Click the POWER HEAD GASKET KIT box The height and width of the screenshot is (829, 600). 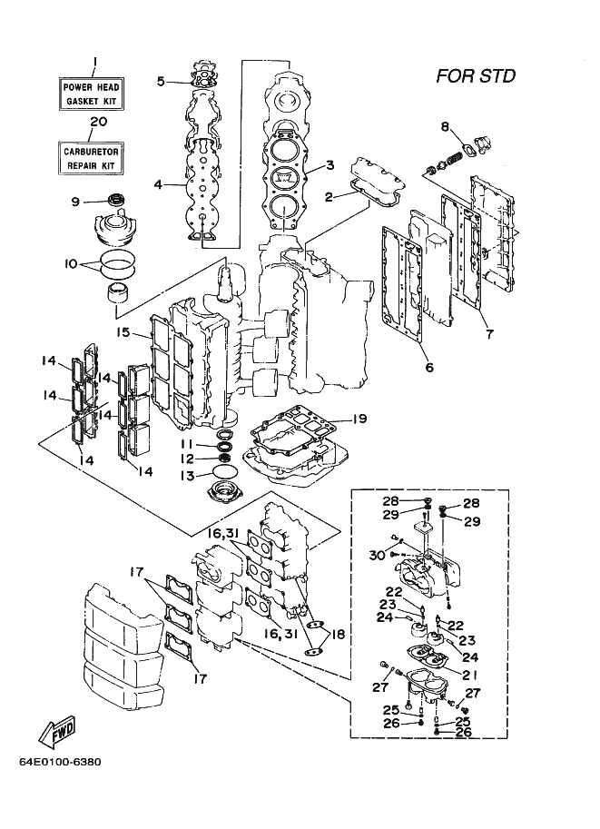tap(91, 94)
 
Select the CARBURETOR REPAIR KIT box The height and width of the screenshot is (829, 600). tap(91, 158)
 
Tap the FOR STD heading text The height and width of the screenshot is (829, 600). tap(476, 76)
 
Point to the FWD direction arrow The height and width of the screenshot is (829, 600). tap(57, 731)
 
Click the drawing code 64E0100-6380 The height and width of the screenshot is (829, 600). tap(60, 763)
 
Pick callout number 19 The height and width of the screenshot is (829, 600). tap(359, 419)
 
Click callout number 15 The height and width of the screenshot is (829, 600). tap(123, 333)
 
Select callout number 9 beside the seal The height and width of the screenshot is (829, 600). tap(75, 202)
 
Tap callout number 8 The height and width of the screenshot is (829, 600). tap(445, 126)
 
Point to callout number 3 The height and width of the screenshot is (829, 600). tap(330, 165)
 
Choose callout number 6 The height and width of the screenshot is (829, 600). tap(429, 367)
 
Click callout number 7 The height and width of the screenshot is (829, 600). tap(489, 334)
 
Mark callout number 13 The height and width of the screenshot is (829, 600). tap(187, 476)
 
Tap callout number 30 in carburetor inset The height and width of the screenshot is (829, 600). tap(377, 555)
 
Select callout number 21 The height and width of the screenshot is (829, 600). tap(470, 675)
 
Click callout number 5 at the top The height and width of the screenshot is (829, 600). tap(161, 82)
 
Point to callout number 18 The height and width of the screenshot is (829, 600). tap(338, 634)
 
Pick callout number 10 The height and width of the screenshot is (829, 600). tap(71, 264)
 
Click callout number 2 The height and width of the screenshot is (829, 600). tap(329, 197)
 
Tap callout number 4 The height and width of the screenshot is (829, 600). tap(158, 184)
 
